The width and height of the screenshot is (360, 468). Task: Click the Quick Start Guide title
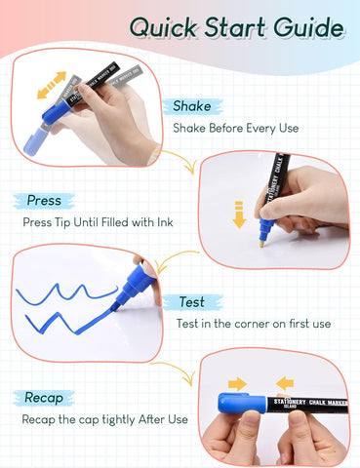[237, 27]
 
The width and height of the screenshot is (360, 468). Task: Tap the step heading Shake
[192, 106]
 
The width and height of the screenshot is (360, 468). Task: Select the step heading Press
[44, 201]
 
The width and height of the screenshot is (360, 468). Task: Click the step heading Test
[192, 302]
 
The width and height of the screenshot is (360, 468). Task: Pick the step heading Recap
[45, 398]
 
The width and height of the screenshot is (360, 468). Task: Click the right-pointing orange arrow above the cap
[237, 383]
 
